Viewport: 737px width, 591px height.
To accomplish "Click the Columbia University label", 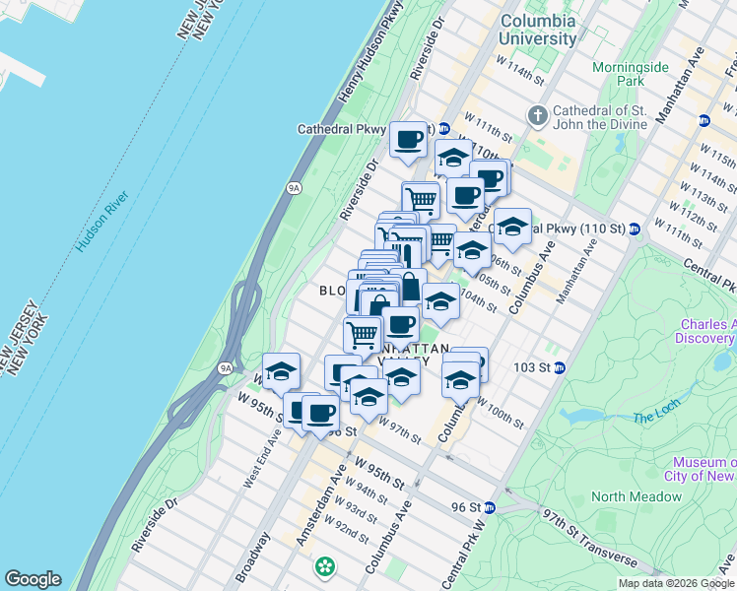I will point(538,30).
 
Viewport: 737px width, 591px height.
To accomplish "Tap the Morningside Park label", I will point(632,74).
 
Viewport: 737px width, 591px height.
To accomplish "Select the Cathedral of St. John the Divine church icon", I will point(538,115).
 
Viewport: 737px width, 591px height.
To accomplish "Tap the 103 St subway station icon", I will point(559,368).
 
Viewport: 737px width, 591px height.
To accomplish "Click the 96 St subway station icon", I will point(490,507).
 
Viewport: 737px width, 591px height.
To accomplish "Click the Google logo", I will point(32,579).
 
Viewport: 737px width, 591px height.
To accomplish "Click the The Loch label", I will point(656,418).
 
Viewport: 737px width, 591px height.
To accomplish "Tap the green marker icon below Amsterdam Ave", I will point(324,567).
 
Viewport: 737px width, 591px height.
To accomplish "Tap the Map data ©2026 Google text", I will point(675,583).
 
